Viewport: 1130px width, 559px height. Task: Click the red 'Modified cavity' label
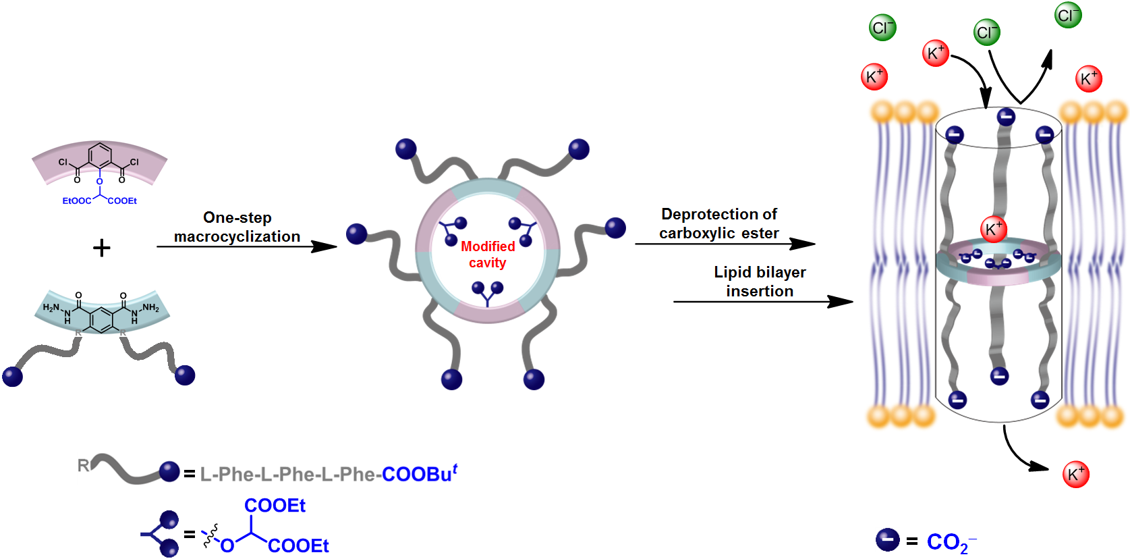488,255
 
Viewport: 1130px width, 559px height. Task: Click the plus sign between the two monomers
102,248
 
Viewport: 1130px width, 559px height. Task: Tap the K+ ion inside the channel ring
993,230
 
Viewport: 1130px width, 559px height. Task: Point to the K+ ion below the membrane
1075,475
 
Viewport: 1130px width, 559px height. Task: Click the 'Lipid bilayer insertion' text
760,282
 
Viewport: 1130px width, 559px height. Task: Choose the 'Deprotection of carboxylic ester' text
719,223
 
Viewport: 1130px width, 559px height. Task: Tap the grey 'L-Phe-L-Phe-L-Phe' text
290,475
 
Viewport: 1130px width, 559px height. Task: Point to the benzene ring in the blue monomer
101,319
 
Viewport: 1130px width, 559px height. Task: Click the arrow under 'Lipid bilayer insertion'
762,302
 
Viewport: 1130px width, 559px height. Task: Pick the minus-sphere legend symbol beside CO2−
887,539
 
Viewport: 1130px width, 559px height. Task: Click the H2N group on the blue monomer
51,308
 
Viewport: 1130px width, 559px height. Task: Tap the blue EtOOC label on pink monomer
76,201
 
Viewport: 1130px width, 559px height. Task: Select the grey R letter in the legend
83,465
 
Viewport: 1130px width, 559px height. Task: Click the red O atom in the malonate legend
227,545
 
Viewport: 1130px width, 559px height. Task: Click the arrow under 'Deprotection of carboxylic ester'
725,244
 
